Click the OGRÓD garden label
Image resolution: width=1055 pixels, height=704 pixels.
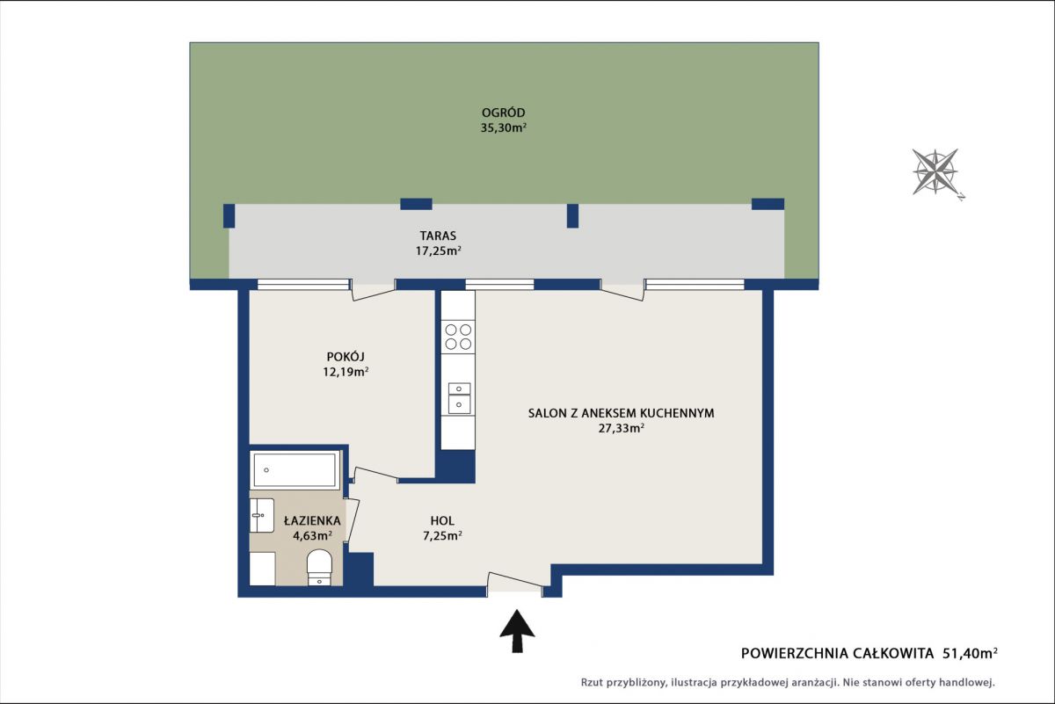click(x=503, y=113)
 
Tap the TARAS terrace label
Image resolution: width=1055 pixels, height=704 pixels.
click(x=438, y=236)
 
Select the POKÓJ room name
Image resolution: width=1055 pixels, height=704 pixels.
click(x=346, y=357)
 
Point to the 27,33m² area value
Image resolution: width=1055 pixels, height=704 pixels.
click(x=622, y=428)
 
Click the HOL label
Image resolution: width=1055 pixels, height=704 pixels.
click(x=442, y=521)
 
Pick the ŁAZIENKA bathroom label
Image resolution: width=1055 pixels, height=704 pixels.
click(x=312, y=521)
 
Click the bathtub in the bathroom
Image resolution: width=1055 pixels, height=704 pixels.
click(x=295, y=470)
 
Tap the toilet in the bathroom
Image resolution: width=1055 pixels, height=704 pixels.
click(x=319, y=567)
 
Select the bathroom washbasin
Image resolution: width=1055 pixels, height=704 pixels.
click(x=262, y=516)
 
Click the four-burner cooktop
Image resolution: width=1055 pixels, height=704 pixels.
click(x=458, y=337)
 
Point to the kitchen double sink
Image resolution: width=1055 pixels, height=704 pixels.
click(x=459, y=398)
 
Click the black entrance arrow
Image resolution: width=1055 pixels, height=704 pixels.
click(x=517, y=631)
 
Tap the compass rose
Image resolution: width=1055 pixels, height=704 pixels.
click(x=935, y=172)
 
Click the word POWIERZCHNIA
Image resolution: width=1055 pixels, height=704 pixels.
click(x=794, y=654)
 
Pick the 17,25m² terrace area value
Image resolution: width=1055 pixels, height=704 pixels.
click(x=438, y=251)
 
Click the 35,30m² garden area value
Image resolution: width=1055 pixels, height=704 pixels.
click(x=503, y=128)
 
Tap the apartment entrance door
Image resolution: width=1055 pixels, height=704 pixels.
click(x=514, y=584)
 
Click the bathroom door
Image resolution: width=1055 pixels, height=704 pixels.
click(x=353, y=520)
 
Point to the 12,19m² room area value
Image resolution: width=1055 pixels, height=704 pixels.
click(x=346, y=372)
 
